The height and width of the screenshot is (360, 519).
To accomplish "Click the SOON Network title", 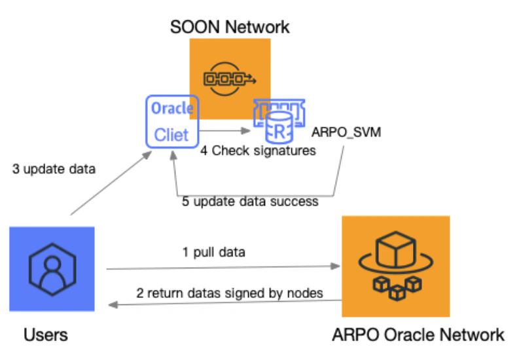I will click(x=229, y=27).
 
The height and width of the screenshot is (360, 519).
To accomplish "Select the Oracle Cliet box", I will click(x=171, y=121).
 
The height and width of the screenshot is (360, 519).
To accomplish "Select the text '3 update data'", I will click(x=54, y=169).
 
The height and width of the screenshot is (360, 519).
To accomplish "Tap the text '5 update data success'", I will click(x=250, y=201).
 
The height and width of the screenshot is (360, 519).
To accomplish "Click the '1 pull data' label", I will click(x=214, y=252).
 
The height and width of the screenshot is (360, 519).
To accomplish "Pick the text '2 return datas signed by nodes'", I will click(x=230, y=293).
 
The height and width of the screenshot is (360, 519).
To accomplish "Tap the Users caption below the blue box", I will click(x=46, y=336).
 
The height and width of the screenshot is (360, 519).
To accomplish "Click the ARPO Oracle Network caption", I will click(x=418, y=335).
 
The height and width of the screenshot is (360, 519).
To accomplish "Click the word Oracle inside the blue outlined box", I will click(x=172, y=109).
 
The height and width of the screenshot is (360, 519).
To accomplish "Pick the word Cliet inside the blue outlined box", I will click(x=171, y=135).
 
